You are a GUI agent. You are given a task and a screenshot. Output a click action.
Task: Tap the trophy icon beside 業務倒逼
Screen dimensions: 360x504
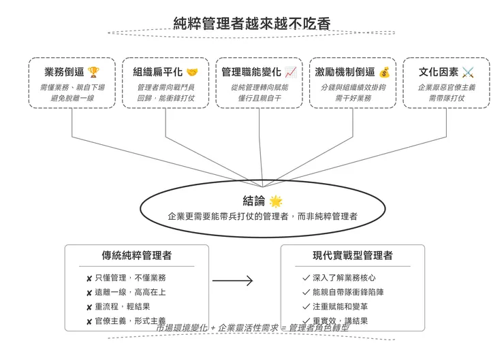click(x=93, y=72)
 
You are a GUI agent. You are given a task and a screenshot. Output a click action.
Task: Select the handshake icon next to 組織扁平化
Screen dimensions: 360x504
click(x=193, y=72)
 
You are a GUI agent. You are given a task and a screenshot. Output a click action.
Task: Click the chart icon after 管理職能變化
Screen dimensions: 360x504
click(x=291, y=72)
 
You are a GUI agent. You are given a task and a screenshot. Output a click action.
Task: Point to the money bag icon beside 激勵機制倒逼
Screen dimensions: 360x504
click(x=384, y=72)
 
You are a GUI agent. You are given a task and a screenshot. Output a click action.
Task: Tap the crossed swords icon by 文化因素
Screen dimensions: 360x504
click(x=468, y=72)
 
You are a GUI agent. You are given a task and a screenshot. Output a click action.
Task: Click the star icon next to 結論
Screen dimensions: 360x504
click(x=275, y=201)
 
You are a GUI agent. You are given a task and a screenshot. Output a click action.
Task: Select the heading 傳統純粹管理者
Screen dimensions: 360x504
click(x=136, y=256)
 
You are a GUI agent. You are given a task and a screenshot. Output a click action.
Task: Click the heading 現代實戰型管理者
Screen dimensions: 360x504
click(x=352, y=256)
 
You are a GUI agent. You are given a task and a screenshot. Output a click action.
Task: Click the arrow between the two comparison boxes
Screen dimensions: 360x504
click(x=232, y=280)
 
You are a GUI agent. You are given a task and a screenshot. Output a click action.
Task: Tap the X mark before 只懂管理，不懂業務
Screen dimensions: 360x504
click(x=89, y=278)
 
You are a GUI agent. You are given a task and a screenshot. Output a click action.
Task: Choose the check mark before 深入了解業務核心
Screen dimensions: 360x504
click(x=306, y=278)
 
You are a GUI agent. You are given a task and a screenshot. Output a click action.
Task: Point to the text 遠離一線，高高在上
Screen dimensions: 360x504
click(x=130, y=292)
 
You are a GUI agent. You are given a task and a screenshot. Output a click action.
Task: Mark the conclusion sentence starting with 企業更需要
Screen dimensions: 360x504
click(x=262, y=216)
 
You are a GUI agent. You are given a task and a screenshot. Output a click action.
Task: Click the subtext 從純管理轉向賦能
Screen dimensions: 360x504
click(x=259, y=87)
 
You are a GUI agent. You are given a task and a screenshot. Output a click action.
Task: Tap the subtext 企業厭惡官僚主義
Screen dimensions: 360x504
click(x=446, y=87)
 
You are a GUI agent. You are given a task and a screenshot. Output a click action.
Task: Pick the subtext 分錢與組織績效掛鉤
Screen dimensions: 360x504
click(x=353, y=87)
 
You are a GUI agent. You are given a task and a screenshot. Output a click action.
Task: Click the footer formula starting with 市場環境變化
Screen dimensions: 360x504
click(x=252, y=328)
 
